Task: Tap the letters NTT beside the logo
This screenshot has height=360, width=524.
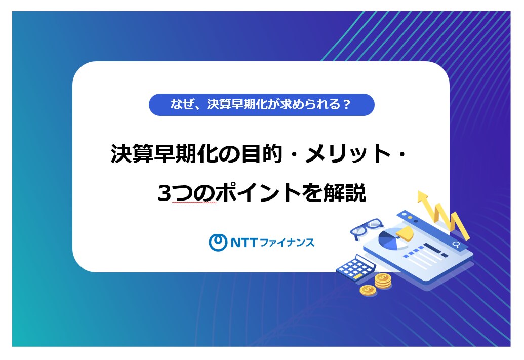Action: click(x=244, y=243)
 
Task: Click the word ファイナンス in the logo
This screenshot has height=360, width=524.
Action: click(x=287, y=243)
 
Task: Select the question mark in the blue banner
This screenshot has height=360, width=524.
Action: click(x=346, y=105)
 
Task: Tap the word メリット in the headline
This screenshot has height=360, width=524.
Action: click(x=348, y=154)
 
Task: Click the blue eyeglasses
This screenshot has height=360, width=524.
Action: click(x=367, y=228)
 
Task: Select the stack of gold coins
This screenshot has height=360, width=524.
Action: click(x=383, y=281)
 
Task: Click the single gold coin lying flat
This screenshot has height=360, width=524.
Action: click(x=368, y=290)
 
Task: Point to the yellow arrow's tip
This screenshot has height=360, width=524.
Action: click(x=423, y=191)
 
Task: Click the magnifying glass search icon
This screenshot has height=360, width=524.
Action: click(x=456, y=245)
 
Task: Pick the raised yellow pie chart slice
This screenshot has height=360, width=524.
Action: click(x=405, y=233)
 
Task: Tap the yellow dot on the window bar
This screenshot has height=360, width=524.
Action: click(x=410, y=218)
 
